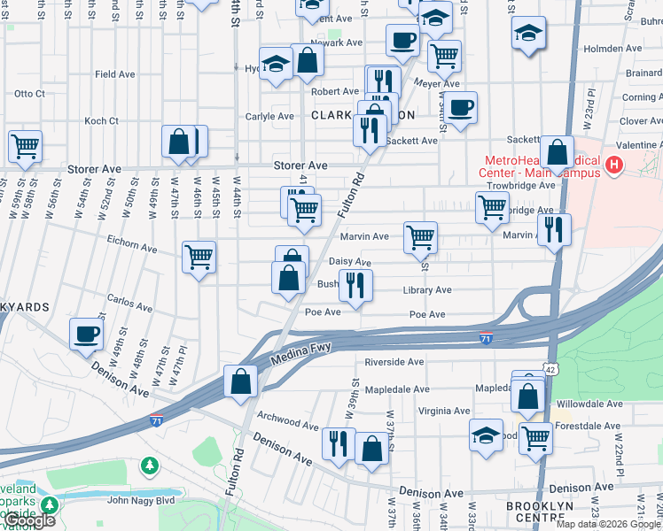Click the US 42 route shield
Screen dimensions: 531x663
550,368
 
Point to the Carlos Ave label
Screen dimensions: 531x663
129,303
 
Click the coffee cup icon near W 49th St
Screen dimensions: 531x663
87,334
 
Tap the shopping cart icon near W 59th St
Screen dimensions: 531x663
25,145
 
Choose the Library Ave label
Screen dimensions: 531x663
426,290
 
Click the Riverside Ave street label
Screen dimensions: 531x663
394,362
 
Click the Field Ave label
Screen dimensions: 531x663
115,75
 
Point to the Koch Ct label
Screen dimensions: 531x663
101,120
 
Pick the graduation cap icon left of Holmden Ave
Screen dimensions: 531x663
528,34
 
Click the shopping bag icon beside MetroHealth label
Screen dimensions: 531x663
558,152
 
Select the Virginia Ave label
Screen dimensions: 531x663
444,411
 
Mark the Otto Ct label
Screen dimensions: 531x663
29,93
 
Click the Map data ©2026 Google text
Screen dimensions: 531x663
607,524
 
